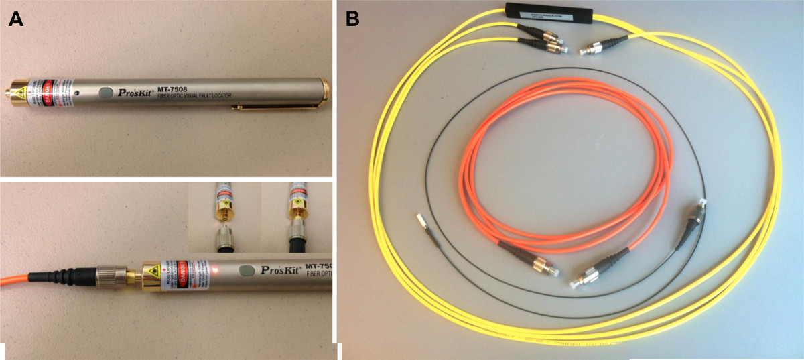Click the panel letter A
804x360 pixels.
pyautogui.click(x=16, y=19)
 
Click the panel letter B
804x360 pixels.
pyautogui.click(x=352, y=19)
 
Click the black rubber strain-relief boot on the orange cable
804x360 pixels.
pyautogui.click(x=57, y=274)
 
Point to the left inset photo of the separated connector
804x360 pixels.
pyautogui.click(x=225, y=218)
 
